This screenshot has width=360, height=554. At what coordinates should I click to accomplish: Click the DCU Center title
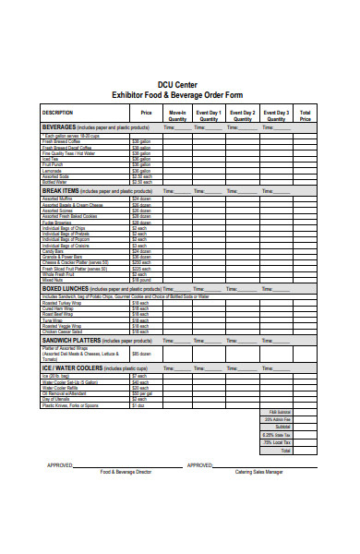[180, 83]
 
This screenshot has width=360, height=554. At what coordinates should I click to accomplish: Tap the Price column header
[145, 112]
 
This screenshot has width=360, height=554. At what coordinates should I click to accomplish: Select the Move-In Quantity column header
[177, 114]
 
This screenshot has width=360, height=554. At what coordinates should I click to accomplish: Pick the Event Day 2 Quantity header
[243, 114]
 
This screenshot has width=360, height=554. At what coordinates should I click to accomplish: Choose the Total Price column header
[306, 114]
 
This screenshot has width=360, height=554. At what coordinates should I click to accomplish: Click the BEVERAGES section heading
[60, 126]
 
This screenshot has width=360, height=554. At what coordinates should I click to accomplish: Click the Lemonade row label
[53, 170]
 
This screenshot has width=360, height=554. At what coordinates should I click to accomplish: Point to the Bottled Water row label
[57, 181]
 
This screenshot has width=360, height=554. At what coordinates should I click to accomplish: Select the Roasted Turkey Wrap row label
[63, 302]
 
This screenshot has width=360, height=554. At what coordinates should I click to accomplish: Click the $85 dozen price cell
[140, 354]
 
